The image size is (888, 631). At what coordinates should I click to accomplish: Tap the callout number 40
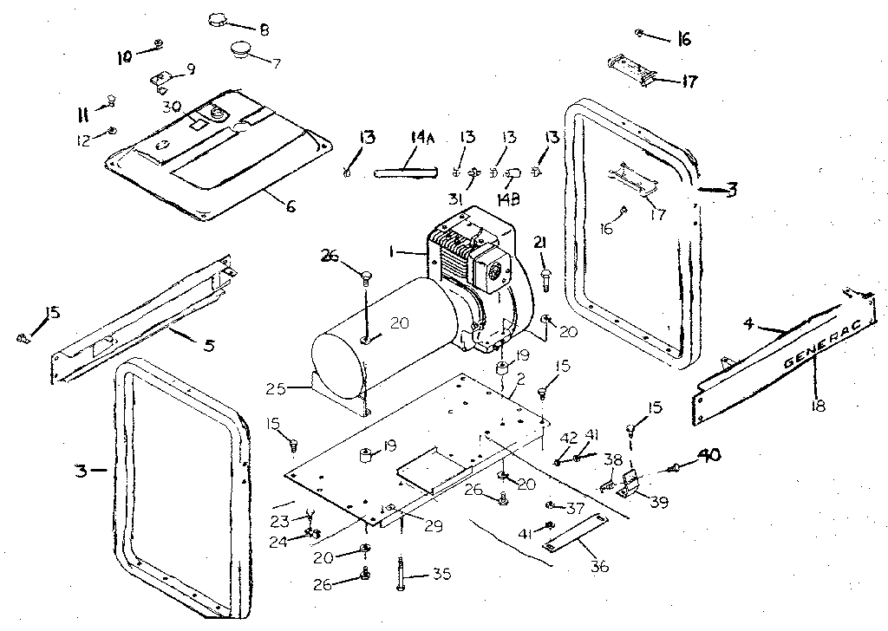709,454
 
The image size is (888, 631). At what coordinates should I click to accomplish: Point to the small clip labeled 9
161,81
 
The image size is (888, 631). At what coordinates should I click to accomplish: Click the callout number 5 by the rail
207,345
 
